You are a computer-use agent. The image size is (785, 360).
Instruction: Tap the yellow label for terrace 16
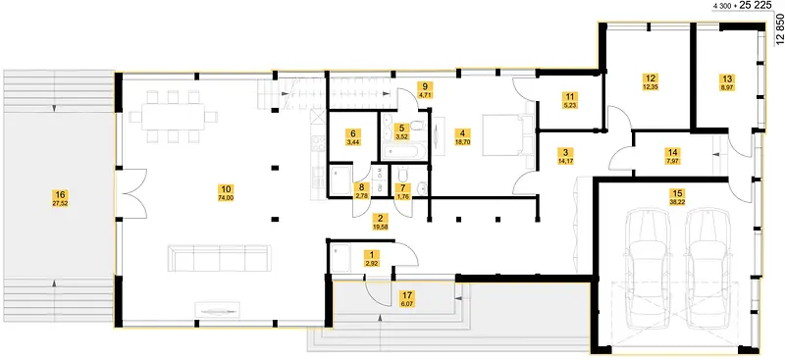[x=60, y=198]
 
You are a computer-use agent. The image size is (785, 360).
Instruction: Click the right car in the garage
[x=706, y=268]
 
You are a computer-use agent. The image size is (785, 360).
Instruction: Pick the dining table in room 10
[x=174, y=117]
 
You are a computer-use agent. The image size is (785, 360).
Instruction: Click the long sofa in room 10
[x=219, y=258]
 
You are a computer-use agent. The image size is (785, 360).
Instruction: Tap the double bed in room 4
[x=503, y=135]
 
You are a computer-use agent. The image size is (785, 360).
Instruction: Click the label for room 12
[x=651, y=82]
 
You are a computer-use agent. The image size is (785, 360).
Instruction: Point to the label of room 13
[x=727, y=82]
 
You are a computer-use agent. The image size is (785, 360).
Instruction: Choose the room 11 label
[x=570, y=100]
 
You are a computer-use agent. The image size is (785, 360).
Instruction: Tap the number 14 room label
[x=672, y=155]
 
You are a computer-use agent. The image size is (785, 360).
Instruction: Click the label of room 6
[x=353, y=137]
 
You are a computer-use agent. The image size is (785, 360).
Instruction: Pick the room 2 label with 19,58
[x=381, y=222]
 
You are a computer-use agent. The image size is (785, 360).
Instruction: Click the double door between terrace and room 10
[x=131, y=193]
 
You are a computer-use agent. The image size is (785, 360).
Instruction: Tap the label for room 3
[x=565, y=155]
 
